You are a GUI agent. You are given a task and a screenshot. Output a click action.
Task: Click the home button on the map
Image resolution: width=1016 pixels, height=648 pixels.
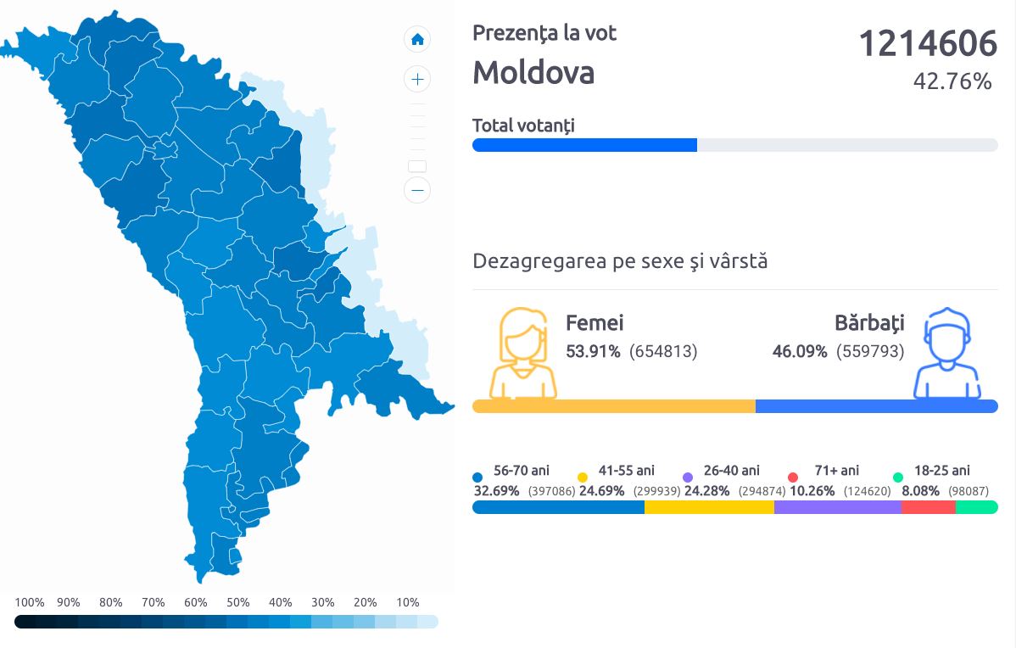coord(417,39)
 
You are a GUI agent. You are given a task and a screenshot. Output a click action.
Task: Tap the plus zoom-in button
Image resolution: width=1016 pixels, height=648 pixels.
coord(417,80)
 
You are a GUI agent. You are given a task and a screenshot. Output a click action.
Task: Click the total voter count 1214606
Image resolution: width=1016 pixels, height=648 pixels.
coord(928,43)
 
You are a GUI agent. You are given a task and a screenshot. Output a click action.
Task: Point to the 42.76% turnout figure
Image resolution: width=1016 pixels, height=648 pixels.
coord(952,81)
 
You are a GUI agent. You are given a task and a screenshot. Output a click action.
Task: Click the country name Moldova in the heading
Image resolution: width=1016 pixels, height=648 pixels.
coord(533,73)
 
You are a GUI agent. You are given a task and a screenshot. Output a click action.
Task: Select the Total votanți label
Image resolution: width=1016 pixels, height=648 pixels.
coord(523,126)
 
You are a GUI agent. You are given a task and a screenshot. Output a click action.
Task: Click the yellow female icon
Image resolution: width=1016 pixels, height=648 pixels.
coord(527,354)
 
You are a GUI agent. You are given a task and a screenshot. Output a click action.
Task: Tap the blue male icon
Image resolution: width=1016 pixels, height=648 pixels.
coord(946,354)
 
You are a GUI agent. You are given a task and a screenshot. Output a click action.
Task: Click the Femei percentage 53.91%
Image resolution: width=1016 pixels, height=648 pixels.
coord(593,351)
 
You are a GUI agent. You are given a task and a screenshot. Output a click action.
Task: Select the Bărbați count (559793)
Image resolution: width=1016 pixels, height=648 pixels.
coord(870,351)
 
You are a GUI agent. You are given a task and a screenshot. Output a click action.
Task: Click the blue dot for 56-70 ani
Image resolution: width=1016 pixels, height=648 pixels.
coord(477,478)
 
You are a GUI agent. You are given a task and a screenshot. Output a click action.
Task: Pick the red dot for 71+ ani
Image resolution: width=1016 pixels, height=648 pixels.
coord(793,478)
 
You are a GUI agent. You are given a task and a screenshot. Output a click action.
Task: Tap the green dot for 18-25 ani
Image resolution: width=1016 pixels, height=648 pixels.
coord(898,478)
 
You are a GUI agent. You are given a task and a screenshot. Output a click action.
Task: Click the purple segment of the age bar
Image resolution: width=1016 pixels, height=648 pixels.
coord(838,507)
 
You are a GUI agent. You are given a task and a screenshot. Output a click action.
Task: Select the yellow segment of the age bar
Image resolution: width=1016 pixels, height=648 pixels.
coord(709,507)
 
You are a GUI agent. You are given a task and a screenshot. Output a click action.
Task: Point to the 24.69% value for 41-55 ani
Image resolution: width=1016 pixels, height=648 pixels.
coord(602,491)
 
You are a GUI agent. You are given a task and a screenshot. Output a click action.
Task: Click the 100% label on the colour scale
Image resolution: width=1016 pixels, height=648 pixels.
coord(30,603)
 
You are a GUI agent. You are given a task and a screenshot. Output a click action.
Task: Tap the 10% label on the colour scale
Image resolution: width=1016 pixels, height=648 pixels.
coord(408,603)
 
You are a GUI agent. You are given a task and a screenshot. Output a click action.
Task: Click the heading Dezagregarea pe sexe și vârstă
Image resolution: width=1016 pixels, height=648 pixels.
coord(620,261)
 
